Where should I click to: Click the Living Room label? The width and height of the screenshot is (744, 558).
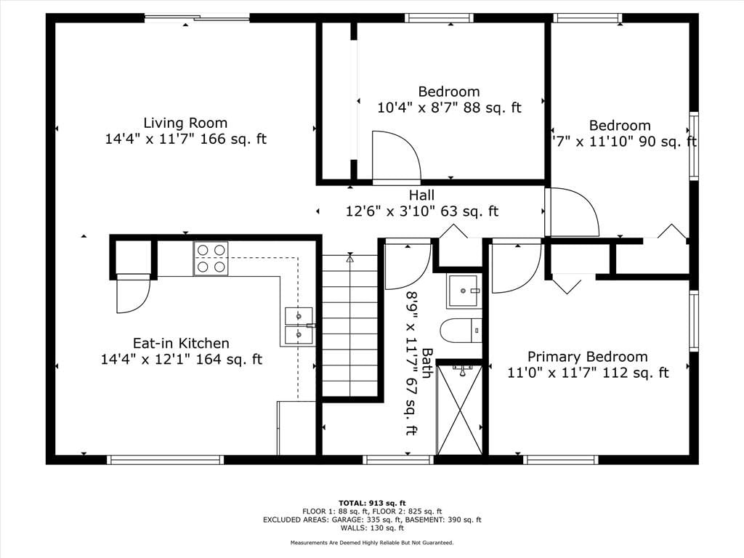click(x=185, y=124)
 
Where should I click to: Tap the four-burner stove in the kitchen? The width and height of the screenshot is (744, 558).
click(x=211, y=259)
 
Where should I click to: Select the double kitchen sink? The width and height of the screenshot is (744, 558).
click(x=299, y=325)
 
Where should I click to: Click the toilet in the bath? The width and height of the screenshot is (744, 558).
click(x=461, y=331)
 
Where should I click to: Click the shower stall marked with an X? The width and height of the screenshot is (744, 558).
click(x=459, y=409)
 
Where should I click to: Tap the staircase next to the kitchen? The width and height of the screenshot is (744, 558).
click(x=350, y=325)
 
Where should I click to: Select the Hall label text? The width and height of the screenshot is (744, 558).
click(x=422, y=195)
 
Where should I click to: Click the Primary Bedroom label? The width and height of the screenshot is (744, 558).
click(x=587, y=357)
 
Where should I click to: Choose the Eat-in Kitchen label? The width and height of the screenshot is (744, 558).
click(x=181, y=343)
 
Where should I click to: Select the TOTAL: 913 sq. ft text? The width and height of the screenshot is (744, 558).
click(x=372, y=503)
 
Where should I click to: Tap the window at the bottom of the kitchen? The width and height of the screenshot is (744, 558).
click(x=165, y=459)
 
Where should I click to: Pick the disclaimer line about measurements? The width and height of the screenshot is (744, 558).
click(x=372, y=542)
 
